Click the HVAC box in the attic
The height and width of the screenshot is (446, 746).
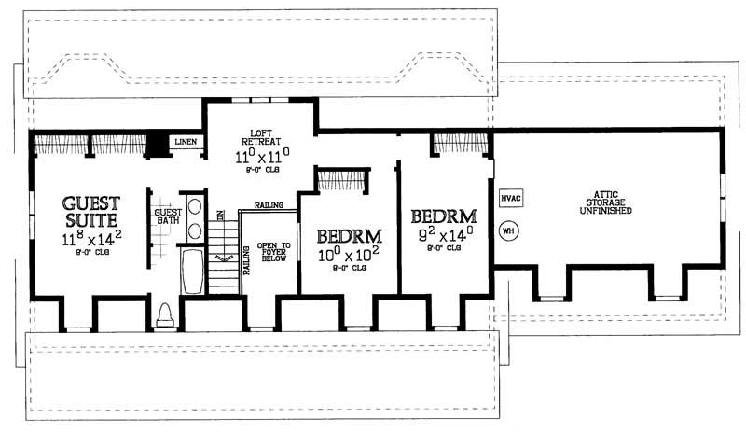point(510,199)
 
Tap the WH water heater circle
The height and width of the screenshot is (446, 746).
point(509,230)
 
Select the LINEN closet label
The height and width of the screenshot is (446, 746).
point(186,142)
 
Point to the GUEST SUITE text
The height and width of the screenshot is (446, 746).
point(90,211)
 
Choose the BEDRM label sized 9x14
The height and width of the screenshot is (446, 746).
point(444,216)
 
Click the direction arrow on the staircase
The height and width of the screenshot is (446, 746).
point(223,258)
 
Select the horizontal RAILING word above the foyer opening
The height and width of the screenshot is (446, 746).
point(269,205)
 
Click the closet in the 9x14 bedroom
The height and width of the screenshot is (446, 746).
point(459,144)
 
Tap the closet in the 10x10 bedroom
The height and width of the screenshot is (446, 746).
point(343,180)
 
